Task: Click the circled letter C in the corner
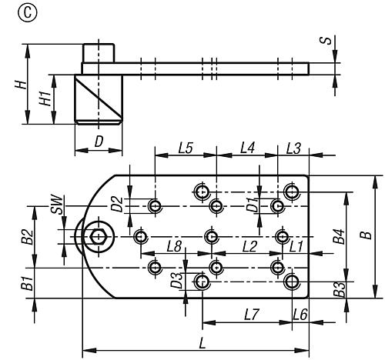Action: (x=28, y=12)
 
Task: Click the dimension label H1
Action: (x=45, y=98)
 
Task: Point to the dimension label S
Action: (x=326, y=41)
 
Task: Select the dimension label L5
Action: (x=186, y=148)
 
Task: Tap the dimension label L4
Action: (x=247, y=148)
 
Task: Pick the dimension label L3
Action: (x=293, y=148)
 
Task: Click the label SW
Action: (x=57, y=205)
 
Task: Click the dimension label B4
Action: (x=339, y=236)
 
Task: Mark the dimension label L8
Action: (x=174, y=246)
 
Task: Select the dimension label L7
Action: (x=252, y=315)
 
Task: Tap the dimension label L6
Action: (x=300, y=315)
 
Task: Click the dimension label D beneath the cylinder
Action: (x=99, y=142)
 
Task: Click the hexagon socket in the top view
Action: (x=98, y=237)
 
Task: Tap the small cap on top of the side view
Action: (x=99, y=53)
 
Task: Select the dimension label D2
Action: (x=118, y=204)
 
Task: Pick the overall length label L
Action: (x=203, y=343)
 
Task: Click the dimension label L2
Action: (x=249, y=246)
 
